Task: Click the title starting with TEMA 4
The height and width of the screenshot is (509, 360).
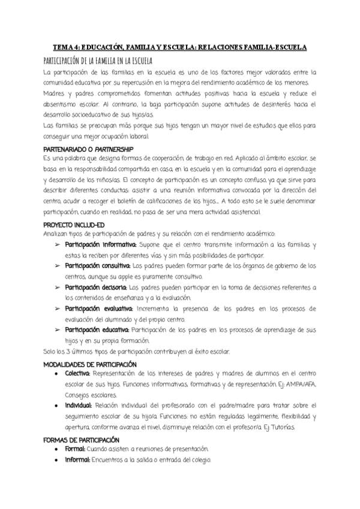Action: click(x=180, y=47)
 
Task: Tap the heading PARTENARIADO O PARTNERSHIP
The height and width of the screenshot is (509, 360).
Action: click(x=89, y=148)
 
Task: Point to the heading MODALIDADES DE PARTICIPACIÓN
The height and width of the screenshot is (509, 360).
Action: click(x=91, y=364)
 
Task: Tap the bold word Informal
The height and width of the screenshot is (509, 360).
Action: click(x=77, y=460)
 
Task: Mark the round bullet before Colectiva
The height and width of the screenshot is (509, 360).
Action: click(x=56, y=375)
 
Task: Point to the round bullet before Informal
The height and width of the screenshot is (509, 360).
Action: click(x=56, y=460)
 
